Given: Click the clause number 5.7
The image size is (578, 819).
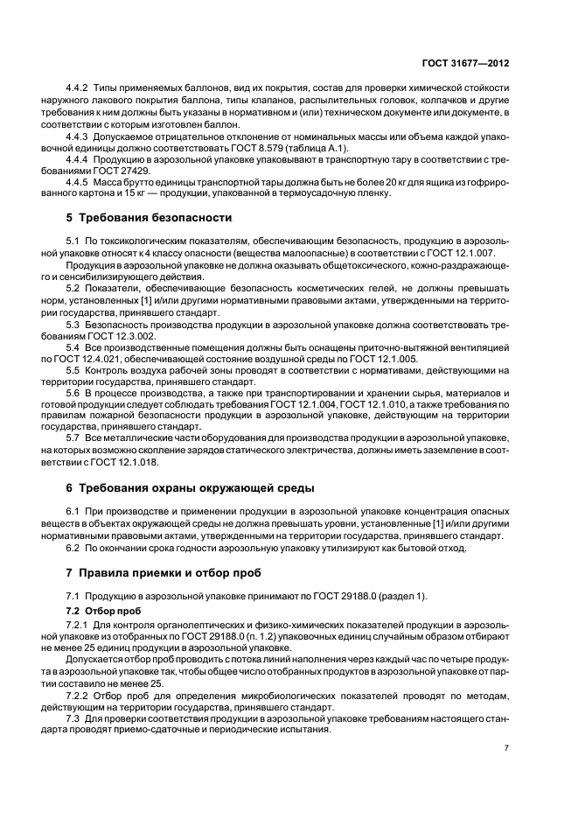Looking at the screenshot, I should (x=73, y=437).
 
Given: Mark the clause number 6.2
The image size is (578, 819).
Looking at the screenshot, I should (x=73, y=548).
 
